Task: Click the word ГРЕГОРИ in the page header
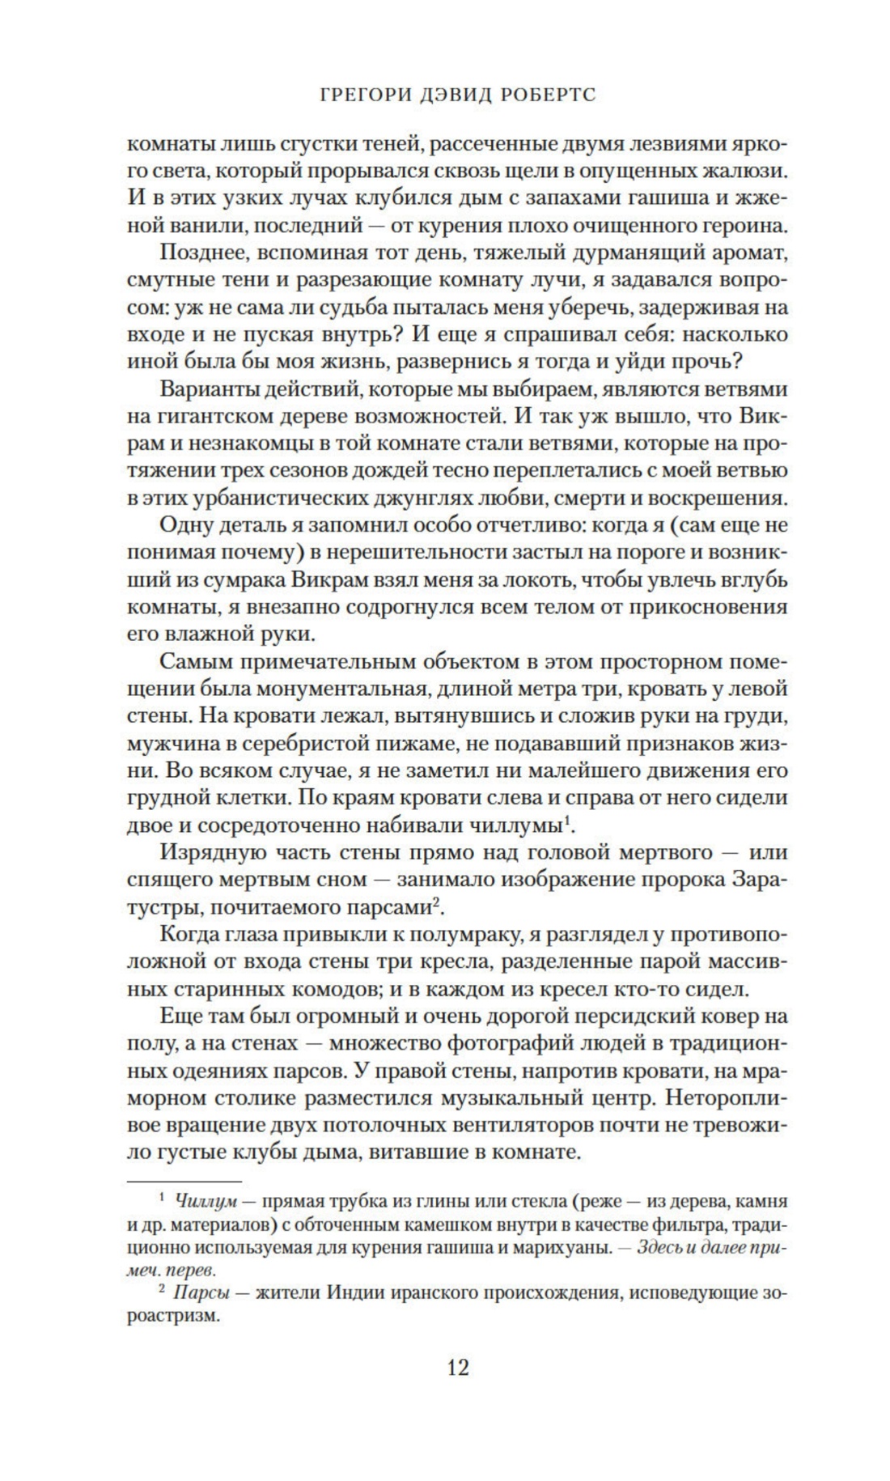[359, 95]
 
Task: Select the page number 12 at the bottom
[457, 1367]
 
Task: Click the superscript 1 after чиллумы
[569, 820]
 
